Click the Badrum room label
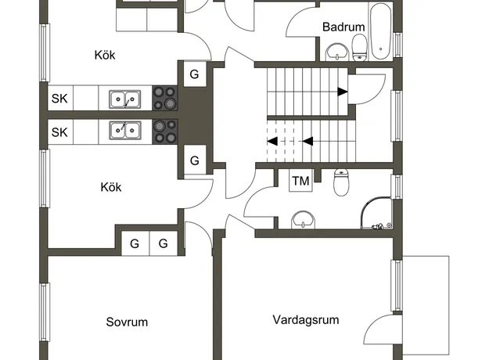tap(343, 27)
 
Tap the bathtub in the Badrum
tap(380, 31)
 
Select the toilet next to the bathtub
tap(360, 48)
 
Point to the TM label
tap(300, 181)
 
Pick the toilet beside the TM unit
tap(341, 182)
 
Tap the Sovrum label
tap(127, 322)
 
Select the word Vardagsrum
tap(306, 320)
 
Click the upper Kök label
tap(105, 56)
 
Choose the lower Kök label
tap(111, 187)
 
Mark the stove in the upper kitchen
tap(164, 98)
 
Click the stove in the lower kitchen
tap(164, 131)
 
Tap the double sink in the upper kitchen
tap(124, 99)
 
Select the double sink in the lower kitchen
tap(124, 131)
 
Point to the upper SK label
tap(59, 99)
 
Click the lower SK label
tap(59, 132)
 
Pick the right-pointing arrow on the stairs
tap(343, 92)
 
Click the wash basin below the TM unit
tap(303, 219)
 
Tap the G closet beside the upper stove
tap(194, 74)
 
